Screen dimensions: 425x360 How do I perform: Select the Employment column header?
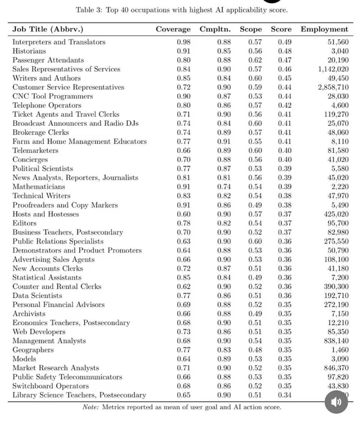324,29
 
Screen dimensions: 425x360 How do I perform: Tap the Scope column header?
250,29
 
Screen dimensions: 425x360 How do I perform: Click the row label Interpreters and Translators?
59,42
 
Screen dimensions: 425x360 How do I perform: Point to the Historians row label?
29,51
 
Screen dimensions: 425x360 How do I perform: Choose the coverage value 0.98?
183,42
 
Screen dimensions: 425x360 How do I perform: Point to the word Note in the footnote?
91,406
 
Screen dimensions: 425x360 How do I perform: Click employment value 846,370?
333,368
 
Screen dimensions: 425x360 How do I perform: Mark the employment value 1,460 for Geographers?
339,350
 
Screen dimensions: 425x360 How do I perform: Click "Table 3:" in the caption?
89,10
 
